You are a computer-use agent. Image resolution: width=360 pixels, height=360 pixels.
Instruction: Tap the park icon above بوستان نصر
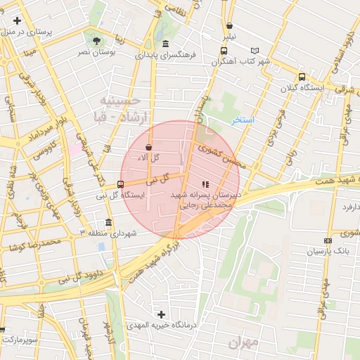96,41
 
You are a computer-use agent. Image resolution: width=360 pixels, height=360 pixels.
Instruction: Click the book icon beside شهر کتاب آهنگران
255,51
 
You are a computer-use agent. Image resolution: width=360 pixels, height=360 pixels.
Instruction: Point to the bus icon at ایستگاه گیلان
302,77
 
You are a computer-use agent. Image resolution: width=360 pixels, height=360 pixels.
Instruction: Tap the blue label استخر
243,120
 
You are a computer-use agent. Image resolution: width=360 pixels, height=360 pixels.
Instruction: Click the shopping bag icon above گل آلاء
148,148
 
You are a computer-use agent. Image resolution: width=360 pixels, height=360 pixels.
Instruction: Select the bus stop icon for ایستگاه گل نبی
120,184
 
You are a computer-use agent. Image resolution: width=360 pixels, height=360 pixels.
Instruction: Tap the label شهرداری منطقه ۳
110,232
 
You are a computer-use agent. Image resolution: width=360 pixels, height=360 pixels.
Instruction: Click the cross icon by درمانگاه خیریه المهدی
162,314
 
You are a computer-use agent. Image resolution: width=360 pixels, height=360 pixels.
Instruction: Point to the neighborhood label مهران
243,342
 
